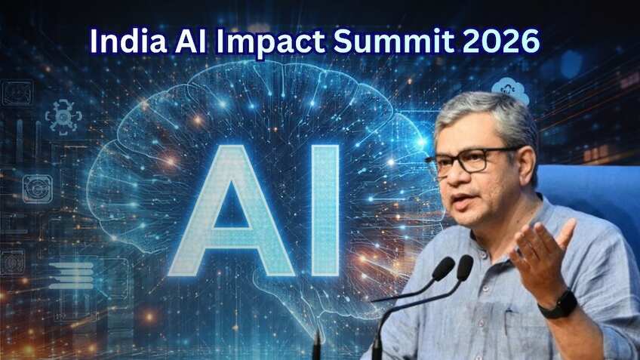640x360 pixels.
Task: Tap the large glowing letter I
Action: [x=325, y=211]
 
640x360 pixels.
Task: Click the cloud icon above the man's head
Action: [x=510, y=91]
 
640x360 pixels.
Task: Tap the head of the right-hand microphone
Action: [x=465, y=266]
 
